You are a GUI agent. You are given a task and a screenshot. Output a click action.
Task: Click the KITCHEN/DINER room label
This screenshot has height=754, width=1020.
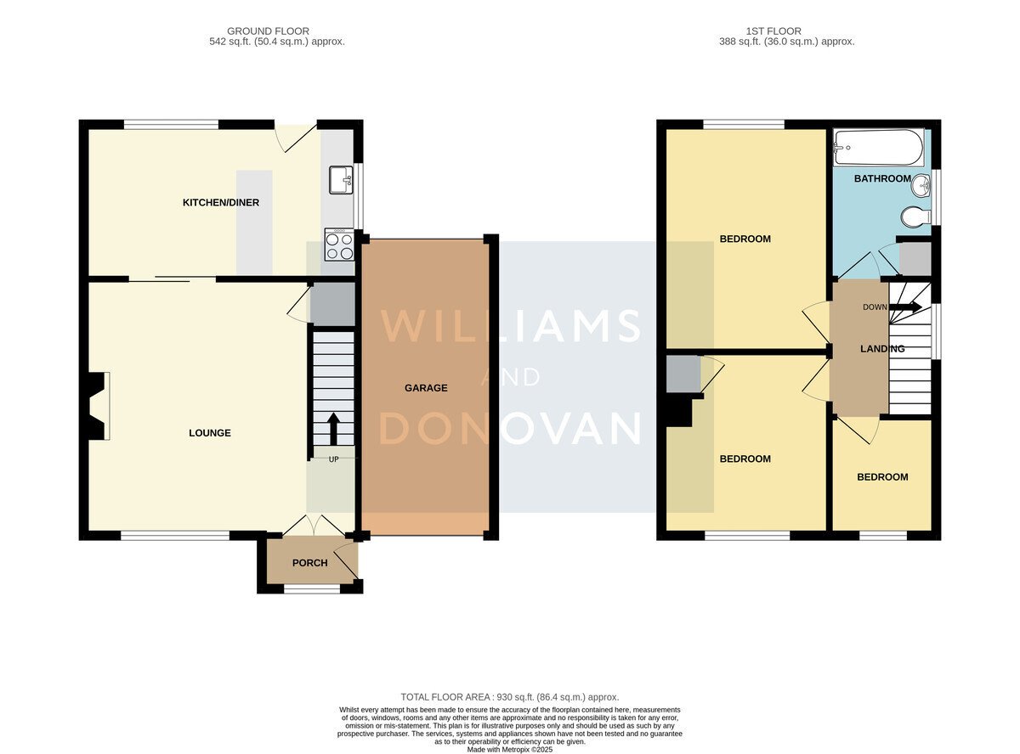coord(221,203)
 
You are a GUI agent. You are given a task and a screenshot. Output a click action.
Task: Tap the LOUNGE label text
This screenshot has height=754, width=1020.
coord(210,433)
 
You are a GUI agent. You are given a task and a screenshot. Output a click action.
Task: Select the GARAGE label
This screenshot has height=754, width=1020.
coord(426,388)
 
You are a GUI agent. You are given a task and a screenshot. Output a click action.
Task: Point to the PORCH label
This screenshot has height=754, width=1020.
coord(310,563)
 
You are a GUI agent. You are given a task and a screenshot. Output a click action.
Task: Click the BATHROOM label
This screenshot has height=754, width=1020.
coord(882,178)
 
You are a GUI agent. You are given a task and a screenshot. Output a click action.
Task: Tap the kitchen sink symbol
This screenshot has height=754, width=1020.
coord(341,180)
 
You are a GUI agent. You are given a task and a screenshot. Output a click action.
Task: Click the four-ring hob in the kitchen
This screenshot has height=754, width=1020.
coord(339,245)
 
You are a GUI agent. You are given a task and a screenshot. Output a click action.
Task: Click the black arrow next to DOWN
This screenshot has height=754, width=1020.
coord(905,307)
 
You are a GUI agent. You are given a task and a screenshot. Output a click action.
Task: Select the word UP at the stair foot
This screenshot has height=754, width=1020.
coord(333,459)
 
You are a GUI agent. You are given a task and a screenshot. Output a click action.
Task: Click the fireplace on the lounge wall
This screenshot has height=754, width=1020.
coord(99,406)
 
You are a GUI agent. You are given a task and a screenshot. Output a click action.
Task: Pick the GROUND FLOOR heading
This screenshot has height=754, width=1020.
coord(268,31)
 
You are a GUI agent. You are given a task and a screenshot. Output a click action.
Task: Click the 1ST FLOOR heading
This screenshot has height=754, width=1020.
coord(773,31)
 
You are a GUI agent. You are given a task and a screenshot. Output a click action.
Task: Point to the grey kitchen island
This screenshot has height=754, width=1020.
coord(254,222)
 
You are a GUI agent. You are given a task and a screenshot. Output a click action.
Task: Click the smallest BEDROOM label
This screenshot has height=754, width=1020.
coord(882,477)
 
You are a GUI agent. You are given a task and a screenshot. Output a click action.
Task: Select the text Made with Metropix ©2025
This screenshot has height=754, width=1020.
coord(509,750)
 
